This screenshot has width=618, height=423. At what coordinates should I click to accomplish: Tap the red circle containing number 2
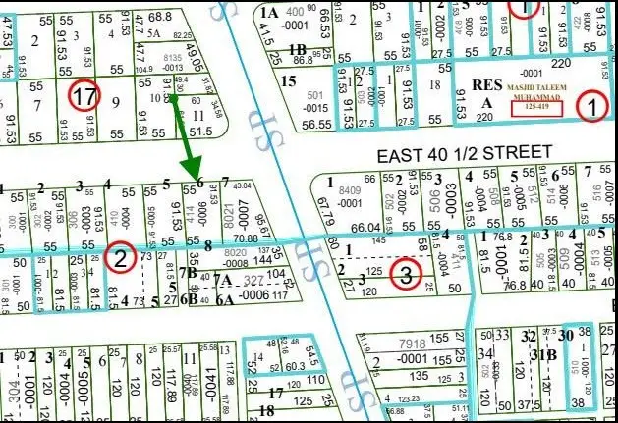coord(119,258)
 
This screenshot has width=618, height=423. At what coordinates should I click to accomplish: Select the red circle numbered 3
coord(406,274)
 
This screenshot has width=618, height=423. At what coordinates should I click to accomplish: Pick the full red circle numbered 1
coord(591,105)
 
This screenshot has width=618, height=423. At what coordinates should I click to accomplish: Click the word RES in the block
coord(486,84)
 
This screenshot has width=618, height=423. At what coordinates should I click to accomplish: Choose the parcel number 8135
coord(173,58)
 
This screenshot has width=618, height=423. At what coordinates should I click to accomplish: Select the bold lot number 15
coord(288,79)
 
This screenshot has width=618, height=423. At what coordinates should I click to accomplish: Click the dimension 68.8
coord(159,18)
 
